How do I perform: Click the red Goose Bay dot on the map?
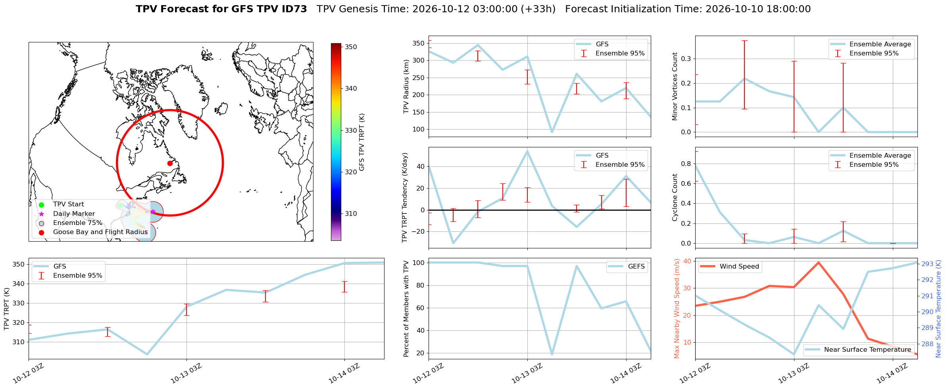170,163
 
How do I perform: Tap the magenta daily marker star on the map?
153,212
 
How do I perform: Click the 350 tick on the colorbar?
351,47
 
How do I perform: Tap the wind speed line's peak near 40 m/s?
818,262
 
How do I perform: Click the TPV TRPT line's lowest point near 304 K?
147,354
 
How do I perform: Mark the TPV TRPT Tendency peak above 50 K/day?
527,151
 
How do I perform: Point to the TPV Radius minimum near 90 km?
552,132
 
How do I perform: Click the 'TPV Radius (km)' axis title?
406,86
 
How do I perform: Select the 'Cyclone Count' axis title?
675,197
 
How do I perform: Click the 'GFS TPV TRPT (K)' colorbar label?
361,142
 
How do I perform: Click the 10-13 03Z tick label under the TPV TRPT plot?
186,373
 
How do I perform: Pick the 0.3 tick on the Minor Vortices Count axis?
686,59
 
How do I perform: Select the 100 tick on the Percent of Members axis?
419,263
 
